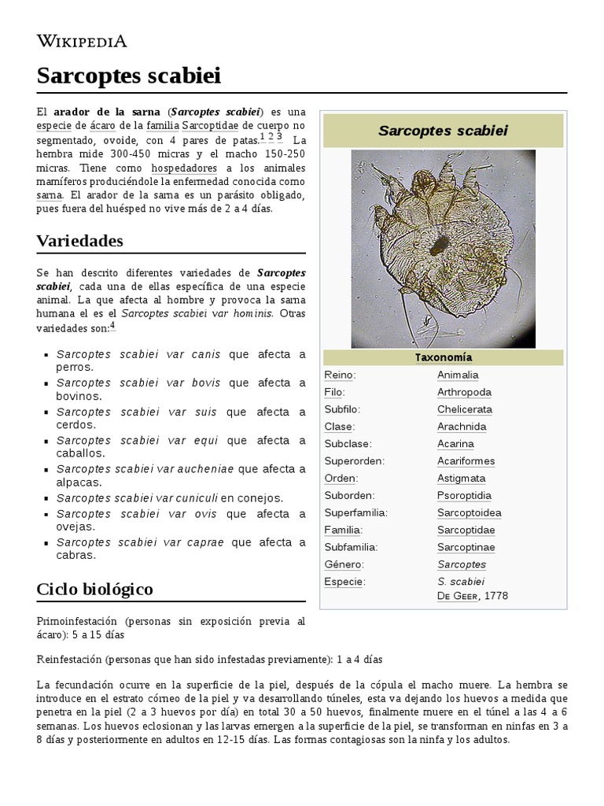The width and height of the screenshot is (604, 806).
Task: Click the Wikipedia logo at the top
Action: pyautogui.click(x=82, y=41)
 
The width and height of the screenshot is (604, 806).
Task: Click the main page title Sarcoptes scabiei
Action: pyautogui.click(x=128, y=76)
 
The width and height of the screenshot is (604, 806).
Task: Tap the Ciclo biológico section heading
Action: pyautogui.click(x=94, y=589)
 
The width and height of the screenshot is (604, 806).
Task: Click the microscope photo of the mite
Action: pyautogui.click(x=443, y=249)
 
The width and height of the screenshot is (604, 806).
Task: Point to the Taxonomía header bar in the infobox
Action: pyautogui.click(x=443, y=358)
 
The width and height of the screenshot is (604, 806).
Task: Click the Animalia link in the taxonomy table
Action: pyautogui.click(x=458, y=375)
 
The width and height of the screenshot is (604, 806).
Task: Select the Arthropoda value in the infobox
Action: pyautogui.click(x=464, y=392)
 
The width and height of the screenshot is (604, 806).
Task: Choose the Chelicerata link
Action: pyautogui.click(x=465, y=409)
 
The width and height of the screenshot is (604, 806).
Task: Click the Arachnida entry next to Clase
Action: pyautogui.click(x=462, y=427)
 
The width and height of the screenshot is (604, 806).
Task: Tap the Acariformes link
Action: pyautogui.click(x=466, y=461)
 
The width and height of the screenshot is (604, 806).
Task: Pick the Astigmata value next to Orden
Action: pyautogui.click(x=461, y=479)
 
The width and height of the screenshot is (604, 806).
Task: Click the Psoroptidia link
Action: pyautogui.click(x=464, y=496)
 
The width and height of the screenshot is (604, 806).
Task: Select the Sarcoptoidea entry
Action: pyautogui.click(x=469, y=513)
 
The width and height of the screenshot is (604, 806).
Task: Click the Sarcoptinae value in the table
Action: pyautogui.click(x=466, y=547)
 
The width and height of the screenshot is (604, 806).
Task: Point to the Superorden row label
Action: pyautogui.click(x=354, y=461)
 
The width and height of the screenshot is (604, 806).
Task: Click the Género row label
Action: pyautogui.click(x=341, y=564)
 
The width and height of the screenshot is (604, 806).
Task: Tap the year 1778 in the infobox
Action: pyautogui.click(x=497, y=596)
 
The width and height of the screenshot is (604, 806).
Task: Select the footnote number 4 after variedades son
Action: pyautogui.click(x=112, y=325)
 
